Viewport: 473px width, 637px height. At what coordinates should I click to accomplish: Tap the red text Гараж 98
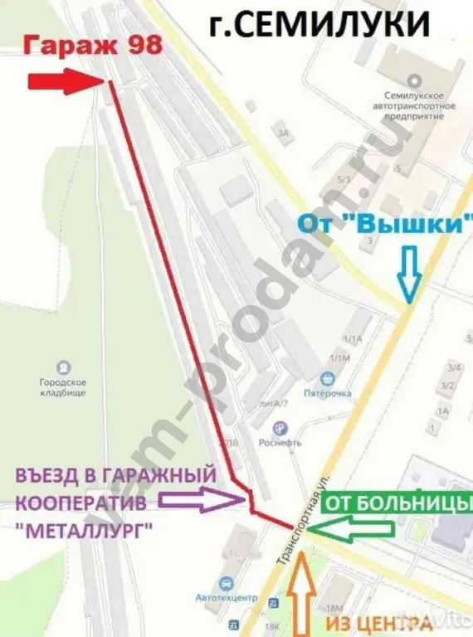(80, 47)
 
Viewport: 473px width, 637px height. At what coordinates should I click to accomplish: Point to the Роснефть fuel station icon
(280, 428)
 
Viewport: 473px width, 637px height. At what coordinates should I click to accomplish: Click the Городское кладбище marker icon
(65, 367)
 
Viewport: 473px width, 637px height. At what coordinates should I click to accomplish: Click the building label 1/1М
(339, 357)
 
